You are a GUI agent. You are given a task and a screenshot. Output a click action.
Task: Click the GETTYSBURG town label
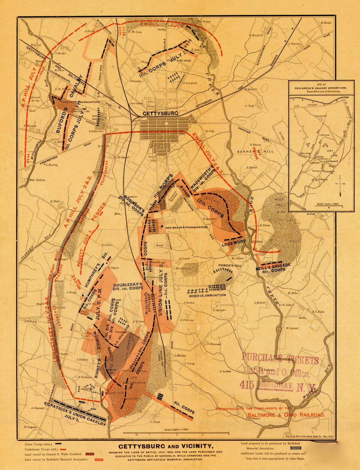tap(160, 113)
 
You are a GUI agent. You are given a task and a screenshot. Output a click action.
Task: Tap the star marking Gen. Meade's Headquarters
tap(162, 226)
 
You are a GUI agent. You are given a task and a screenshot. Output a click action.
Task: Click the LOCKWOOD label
tap(234, 243)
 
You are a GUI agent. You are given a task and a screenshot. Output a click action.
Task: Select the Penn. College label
tap(150, 104)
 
